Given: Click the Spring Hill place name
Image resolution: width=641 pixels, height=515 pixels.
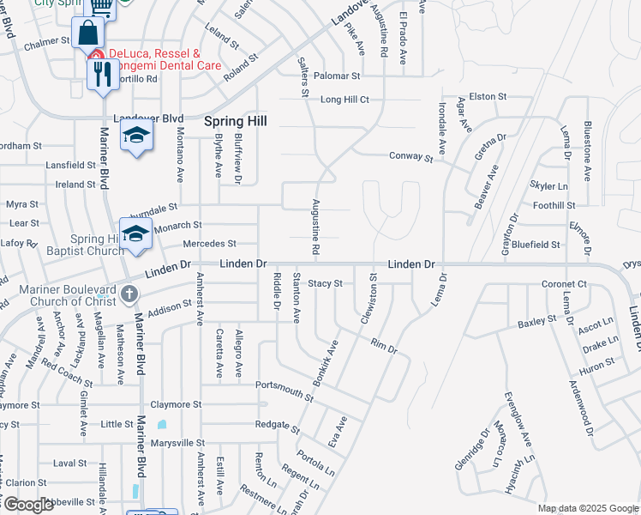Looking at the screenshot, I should [x=235, y=122].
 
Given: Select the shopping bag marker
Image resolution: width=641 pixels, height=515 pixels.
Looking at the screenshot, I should [x=87, y=34].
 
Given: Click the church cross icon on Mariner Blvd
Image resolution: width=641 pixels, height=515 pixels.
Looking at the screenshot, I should [x=129, y=294].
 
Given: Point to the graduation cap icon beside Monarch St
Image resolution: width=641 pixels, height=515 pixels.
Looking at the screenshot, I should [x=135, y=234].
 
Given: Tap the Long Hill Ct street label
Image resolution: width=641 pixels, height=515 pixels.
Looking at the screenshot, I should [x=344, y=100].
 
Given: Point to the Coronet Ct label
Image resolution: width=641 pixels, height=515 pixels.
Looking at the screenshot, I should [x=564, y=284].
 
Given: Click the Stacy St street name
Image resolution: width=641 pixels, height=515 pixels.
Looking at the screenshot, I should [x=326, y=283].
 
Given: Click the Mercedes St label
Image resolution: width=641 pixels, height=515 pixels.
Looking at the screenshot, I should [x=208, y=245].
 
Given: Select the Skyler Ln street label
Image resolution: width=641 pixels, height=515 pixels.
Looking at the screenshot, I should [x=548, y=186].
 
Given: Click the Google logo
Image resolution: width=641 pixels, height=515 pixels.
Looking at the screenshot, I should [x=28, y=505].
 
